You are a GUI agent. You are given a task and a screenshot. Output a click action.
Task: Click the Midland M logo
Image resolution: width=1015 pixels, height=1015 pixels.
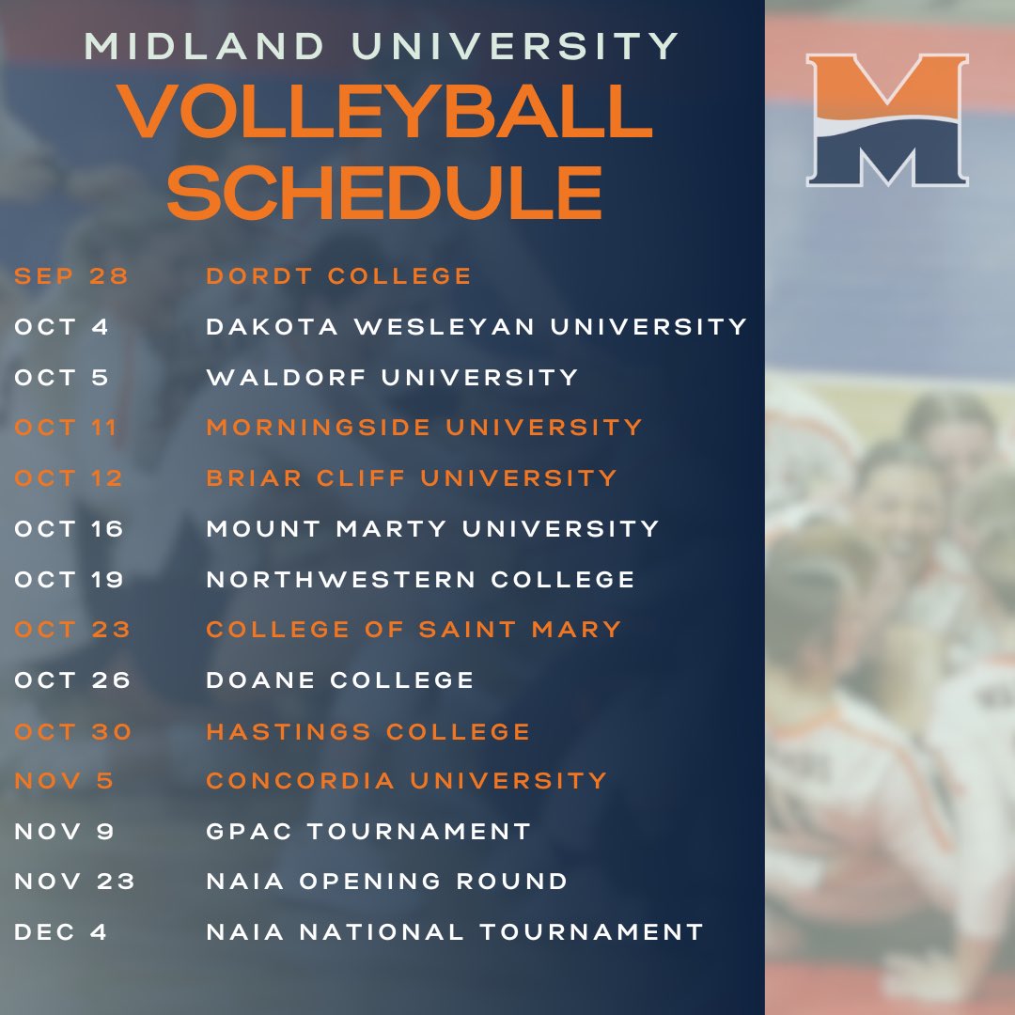(x=887, y=119)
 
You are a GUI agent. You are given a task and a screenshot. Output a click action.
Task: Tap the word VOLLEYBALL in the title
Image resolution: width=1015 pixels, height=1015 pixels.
(x=385, y=111)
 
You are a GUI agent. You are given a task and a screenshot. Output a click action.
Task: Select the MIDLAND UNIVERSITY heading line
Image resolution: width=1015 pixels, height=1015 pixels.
(x=382, y=46)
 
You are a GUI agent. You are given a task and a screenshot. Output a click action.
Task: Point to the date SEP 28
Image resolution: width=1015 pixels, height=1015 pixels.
(x=71, y=276)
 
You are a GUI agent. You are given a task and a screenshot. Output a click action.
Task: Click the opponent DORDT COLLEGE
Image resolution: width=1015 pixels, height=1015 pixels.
(x=339, y=276)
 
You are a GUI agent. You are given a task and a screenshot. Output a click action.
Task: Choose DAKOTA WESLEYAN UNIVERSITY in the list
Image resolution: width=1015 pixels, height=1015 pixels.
(x=476, y=327)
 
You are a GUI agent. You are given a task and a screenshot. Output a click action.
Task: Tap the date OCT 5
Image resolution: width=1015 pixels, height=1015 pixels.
(x=62, y=378)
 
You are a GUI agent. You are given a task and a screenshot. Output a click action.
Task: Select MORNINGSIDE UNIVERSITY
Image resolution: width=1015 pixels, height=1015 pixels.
(x=424, y=428)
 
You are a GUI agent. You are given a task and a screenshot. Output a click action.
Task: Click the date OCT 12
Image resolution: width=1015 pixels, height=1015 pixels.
(x=69, y=478)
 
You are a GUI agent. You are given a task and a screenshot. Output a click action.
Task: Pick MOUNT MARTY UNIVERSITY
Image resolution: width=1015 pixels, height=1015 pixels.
(x=432, y=528)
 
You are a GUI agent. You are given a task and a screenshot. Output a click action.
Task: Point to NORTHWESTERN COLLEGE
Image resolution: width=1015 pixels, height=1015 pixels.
(x=421, y=579)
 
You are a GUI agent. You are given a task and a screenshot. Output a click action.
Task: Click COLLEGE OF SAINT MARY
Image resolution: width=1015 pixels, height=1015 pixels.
(x=414, y=630)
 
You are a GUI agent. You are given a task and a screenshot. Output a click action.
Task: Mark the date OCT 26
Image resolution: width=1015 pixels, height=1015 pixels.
(x=72, y=680)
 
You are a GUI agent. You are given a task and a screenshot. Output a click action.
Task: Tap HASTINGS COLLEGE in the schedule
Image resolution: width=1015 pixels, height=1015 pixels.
(x=368, y=731)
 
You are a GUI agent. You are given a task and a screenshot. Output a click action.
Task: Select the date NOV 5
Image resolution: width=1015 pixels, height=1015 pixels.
(x=62, y=781)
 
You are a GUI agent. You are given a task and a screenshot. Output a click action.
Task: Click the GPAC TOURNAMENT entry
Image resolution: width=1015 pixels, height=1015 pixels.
(x=368, y=832)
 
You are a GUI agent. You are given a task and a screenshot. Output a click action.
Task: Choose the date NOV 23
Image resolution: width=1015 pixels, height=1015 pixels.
(x=75, y=882)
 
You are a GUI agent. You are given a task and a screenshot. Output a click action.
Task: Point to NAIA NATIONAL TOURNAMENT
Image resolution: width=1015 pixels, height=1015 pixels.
(x=455, y=932)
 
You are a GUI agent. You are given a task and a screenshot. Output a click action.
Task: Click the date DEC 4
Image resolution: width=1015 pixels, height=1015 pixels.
(x=61, y=932)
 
